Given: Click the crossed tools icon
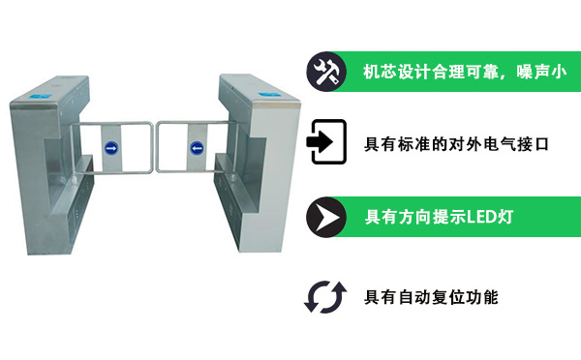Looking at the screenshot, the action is [325, 71].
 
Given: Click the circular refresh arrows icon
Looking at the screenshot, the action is [325, 295].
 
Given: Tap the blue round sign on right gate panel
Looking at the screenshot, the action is [196, 149].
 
